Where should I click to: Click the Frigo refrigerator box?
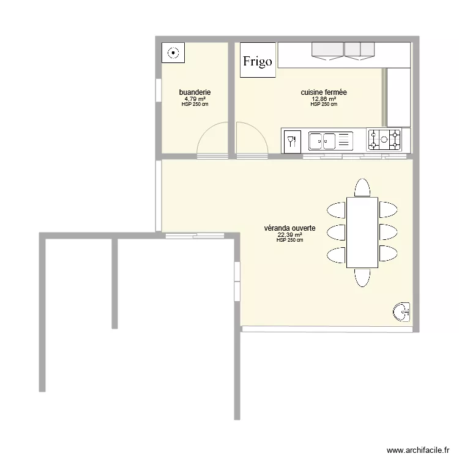[258, 61]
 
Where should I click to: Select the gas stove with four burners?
[384, 140]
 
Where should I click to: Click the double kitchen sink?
[330, 140]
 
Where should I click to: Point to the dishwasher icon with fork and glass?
[293, 140]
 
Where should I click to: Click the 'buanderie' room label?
[195, 92]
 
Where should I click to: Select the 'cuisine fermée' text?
[324, 92]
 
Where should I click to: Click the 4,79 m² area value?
[195, 99]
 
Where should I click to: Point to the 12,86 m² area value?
[324, 99]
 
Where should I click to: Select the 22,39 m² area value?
[290, 234]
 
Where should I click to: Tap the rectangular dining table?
[362, 233]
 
